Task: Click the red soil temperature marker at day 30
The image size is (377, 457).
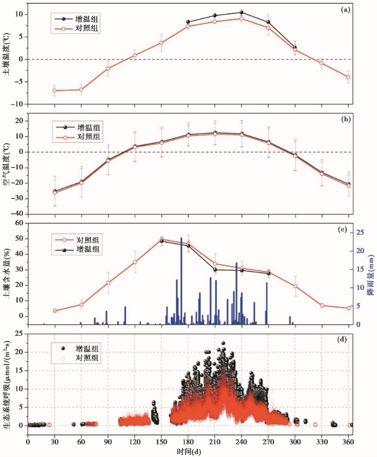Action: tap(54, 90)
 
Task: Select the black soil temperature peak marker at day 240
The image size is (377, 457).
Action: tap(241, 13)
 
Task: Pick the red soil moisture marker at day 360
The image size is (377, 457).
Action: tap(348, 308)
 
